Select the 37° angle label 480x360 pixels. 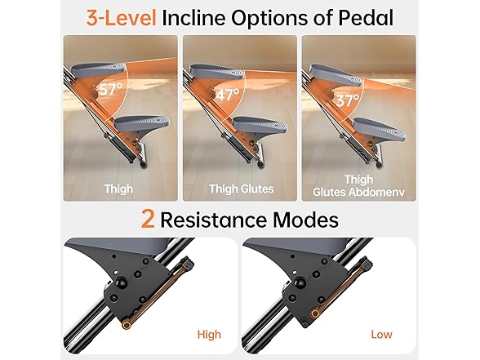(350, 100)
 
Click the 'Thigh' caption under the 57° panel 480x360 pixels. (119, 189)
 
